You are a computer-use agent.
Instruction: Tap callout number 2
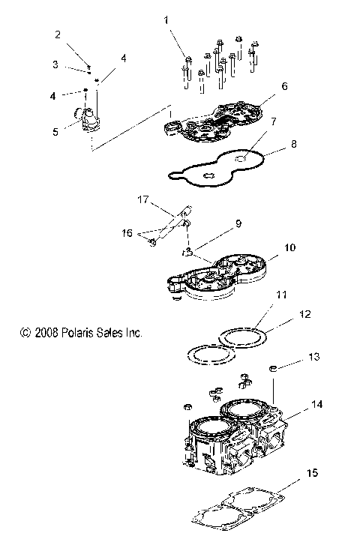pos(56,34)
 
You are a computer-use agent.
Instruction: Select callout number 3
pos(55,64)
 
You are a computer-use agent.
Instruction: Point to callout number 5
pos(55,132)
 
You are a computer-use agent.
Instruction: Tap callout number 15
pos(311,474)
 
